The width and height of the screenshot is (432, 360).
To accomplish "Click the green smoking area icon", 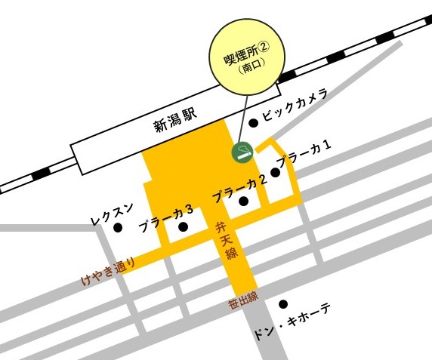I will pyautogui.click(x=242, y=152).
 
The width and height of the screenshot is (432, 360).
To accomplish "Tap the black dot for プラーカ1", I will pyautogui.click(x=276, y=173).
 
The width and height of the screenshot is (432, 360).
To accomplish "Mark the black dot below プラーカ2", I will pyautogui.click(x=244, y=202).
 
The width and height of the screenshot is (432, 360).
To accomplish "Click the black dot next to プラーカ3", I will pyautogui.click(x=183, y=226).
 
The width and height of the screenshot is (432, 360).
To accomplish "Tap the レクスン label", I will pyautogui.click(x=111, y=213).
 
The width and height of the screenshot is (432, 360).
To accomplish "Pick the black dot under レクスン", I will pyautogui.click(x=118, y=227).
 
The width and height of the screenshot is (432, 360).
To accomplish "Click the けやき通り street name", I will pyautogui.click(x=110, y=273).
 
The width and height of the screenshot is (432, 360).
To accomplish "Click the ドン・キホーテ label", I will pyautogui.click(x=292, y=322).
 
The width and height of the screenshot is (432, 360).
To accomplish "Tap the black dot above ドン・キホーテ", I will pyautogui.click(x=283, y=304).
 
